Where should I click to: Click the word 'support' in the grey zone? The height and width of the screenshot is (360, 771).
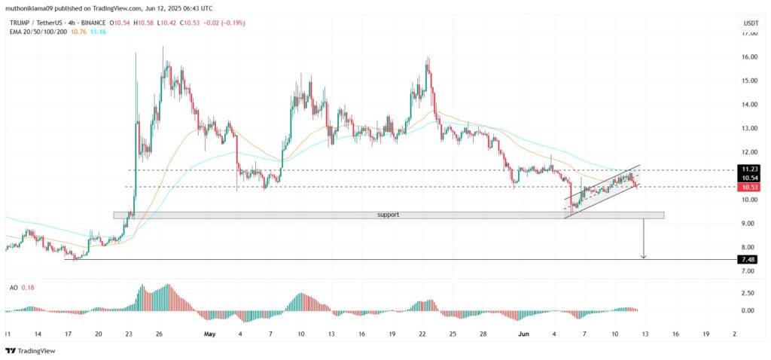(x=388, y=215)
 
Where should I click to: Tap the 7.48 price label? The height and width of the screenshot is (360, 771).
(x=748, y=259)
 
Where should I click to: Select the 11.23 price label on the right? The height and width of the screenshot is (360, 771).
(x=748, y=169)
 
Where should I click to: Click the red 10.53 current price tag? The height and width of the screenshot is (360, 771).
(x=748, y=187)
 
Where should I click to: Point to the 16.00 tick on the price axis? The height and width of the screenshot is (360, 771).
(x=748, y=57)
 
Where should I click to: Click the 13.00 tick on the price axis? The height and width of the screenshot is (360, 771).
(x=748, y=129)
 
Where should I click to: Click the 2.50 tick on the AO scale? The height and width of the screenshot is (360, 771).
(x=748, y=293)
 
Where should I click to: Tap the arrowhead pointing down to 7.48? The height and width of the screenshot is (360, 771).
(x=643, y=257)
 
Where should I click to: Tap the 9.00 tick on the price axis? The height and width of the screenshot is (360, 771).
(x=748, y=224)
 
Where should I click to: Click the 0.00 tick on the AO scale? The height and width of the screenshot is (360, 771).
(x=748, y=310)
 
